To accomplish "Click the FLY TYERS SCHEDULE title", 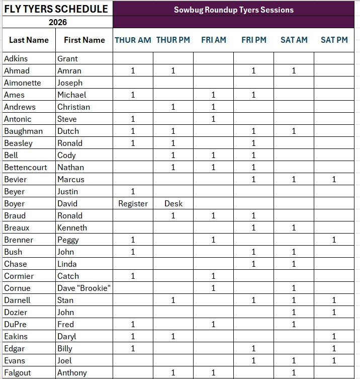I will click(56, 9).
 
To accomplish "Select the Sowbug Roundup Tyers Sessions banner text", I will click(234, 10).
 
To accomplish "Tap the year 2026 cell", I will click(58, 22).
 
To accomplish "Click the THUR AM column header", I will click(133, 40).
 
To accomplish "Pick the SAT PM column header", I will click(334, 40).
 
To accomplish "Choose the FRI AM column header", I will click(213, 40).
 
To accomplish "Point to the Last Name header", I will click(29, 40).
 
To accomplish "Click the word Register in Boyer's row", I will click(133, 204).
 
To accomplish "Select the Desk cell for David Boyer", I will click(173, 204).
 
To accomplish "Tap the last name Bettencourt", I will click(23, 167).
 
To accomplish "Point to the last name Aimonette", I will click(22, 83).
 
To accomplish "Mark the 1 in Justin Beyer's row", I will click(133, 192).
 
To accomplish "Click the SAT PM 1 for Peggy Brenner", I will click(334, 240).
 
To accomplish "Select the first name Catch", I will click(68, 276).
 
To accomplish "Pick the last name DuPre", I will click(16, 325).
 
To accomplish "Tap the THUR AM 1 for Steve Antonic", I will click(133, 119).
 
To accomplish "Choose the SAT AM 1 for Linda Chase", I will click(294, 264).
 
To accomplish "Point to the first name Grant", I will click(67, 58).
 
